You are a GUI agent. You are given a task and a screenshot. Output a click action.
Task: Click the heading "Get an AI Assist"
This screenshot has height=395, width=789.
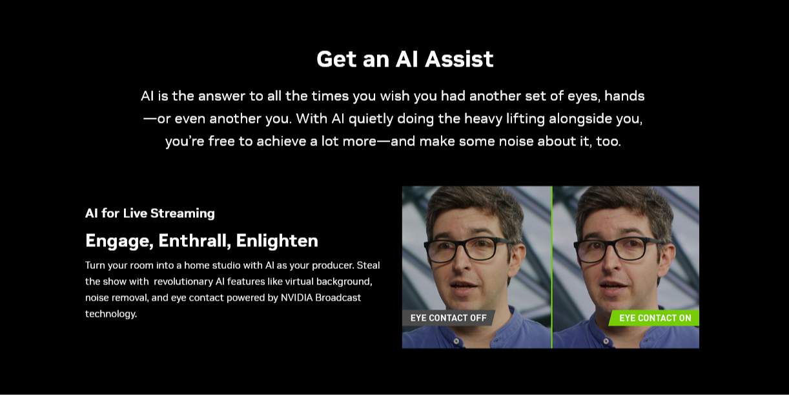pos(405,59)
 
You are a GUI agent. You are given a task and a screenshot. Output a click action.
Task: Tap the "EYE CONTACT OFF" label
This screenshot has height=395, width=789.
pos(448,318)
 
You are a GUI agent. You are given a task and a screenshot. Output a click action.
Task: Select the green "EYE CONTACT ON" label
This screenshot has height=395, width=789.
pos(655,318)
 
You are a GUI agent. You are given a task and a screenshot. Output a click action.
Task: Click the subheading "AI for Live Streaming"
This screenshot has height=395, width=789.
pos(150,213)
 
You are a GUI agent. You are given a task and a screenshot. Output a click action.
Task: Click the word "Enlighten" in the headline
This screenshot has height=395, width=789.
pos(277,240)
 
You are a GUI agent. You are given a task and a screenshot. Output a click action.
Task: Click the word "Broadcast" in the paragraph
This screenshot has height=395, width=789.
pos(338,297)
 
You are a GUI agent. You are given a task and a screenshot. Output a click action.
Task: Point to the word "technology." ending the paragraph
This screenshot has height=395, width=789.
pos(111,314)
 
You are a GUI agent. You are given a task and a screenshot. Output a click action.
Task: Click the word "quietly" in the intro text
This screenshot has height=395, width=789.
pos(371,119)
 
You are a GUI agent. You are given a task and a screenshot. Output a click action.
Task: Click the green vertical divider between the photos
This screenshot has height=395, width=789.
pos(552,267)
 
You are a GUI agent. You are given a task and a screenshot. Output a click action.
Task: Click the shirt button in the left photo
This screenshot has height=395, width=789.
pos(456,341)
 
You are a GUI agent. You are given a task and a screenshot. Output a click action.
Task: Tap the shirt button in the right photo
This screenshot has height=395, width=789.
pos(606,341)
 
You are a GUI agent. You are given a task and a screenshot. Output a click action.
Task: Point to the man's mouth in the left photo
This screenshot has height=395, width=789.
pos(464,286)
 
